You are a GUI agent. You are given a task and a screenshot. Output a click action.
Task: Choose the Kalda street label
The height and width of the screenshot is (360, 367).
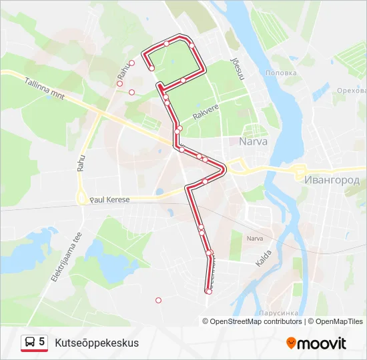264,257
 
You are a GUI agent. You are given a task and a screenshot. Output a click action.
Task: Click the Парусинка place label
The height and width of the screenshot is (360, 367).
276,311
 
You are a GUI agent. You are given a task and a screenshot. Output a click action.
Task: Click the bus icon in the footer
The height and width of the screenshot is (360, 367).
30,343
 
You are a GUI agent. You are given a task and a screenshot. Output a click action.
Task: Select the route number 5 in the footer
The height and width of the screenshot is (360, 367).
42,342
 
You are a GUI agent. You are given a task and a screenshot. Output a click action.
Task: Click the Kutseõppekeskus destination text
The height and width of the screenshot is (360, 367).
97,343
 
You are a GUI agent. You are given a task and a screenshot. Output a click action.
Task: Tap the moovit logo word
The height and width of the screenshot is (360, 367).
322,343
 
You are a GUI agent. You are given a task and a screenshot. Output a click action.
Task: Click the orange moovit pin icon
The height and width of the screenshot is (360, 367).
291,343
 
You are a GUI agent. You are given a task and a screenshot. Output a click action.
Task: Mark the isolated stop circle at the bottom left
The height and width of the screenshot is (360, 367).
158,300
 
